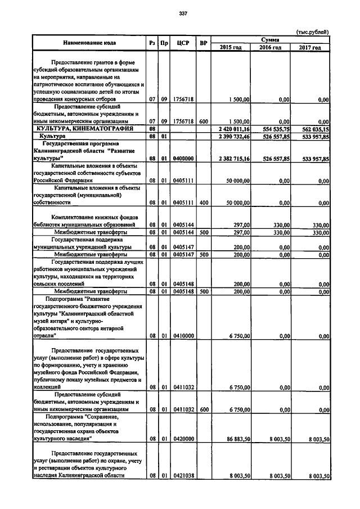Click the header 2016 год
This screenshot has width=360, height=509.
(x=270, y=47)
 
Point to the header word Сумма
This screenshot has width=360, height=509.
(x=271, y=39)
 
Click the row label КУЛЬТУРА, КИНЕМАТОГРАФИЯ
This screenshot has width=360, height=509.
(x=82, y=129)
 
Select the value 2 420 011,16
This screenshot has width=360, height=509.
(x=235, y=129)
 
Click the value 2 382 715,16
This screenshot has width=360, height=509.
(x=235, y=159)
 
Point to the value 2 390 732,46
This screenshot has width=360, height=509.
(x=235, y=137)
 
